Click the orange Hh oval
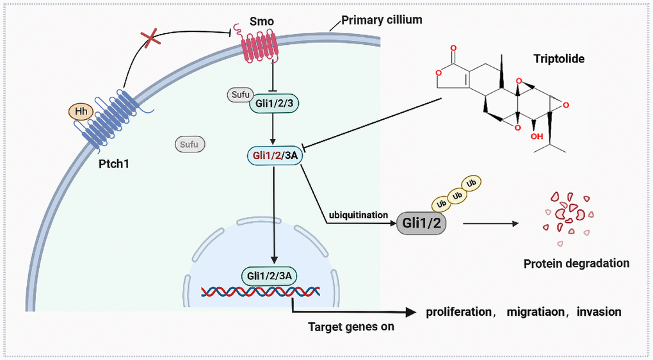81,111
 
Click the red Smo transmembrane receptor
259,48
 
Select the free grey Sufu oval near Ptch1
190,144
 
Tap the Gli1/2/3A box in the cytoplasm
273,154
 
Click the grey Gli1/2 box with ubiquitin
422,224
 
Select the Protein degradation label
576,263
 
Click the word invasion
599,312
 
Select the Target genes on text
351,327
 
